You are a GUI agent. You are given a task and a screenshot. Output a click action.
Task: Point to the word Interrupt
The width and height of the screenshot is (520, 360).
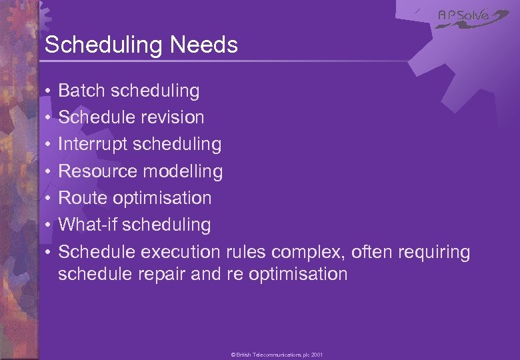coord(93,145)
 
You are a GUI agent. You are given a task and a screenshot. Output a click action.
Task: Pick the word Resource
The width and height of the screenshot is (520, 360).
coord(97,171)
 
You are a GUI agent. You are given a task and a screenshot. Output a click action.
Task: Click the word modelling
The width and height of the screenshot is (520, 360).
coord(183,171)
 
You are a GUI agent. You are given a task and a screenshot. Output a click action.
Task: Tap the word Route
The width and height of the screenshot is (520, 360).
coord(83,198)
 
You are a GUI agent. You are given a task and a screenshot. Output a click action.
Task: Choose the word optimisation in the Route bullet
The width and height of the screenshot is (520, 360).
coord(161,198)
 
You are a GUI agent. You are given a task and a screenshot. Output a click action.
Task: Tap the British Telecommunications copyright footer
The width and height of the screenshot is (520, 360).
coord(277,355)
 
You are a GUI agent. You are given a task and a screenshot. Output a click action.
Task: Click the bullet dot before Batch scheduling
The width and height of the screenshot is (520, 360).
coord(49,91)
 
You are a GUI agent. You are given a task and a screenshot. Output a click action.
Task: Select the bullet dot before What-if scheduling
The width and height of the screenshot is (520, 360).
coord(49,225)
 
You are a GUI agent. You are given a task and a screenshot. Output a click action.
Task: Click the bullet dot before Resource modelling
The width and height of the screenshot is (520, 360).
coord(49,172)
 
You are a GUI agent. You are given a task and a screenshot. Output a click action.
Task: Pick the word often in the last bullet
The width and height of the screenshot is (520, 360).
coord(372,252)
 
